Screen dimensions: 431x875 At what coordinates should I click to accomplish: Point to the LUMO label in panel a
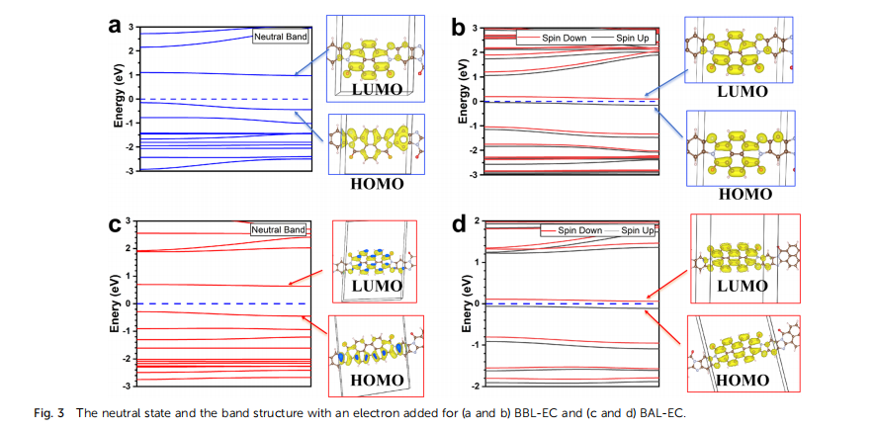tap(377, 89)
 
